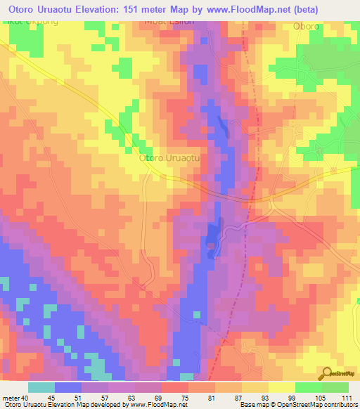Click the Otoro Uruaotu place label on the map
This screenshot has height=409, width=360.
171,159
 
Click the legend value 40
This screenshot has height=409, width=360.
23,397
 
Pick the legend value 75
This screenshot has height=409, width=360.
174,397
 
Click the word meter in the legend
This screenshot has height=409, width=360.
10,397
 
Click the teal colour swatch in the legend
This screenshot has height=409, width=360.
41,387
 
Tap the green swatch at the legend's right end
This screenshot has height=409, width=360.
335,387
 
